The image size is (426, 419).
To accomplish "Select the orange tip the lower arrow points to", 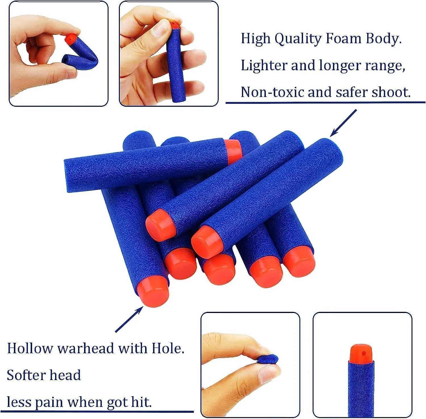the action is [x=153, y=292].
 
